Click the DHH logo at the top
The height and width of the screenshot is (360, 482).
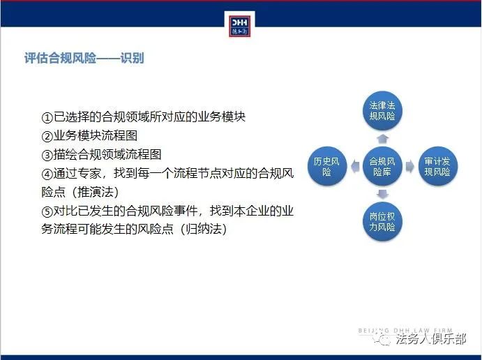click(240, 26)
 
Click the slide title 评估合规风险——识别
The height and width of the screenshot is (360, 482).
click(84, 58)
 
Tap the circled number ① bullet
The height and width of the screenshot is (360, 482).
click(47, 117)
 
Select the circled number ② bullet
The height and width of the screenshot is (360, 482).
click(47, 136)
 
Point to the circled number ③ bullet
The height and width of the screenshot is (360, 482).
click(47, 155)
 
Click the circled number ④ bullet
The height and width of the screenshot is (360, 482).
click(47, 174)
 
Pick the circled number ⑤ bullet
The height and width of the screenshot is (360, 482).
click(47, 211)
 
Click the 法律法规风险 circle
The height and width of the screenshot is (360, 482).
click(382, 110)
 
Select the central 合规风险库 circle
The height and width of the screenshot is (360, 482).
click(382, 166)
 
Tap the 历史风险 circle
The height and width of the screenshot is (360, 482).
click(326, 166)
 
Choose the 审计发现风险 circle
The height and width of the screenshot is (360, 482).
click(438, 166)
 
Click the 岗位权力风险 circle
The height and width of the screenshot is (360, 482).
click(382, 221)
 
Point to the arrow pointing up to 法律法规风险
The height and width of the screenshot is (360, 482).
click(382, 139)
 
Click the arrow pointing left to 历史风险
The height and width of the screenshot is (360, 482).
click(355, 166)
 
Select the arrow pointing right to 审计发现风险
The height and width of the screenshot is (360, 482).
click(409, 166)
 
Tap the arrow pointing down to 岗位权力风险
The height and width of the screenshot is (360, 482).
click(382, 194)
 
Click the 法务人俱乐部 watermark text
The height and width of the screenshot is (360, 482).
click(430, 339)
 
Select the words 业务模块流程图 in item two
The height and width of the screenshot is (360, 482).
click(96, 136)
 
